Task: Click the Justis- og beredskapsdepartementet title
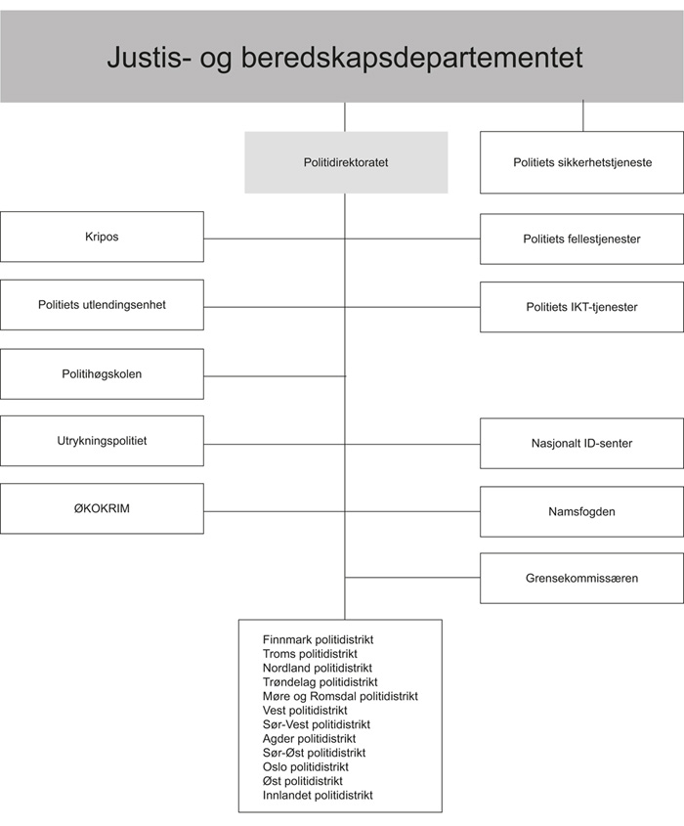[x=344, y=58]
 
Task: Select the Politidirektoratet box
[x=346, y=162]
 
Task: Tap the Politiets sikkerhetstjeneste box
[x=582, y=162]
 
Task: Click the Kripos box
[x=102, y=237]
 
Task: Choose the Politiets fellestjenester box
[x=581, y=239]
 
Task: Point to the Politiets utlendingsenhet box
[x=102, y=305]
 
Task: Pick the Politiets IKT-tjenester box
[x=581, y=307]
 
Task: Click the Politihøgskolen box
[x=102, y=373]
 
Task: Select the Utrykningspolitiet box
[x=102, y=441]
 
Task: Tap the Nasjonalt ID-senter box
[x=581, y=444]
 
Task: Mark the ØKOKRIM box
[x=102, y=508]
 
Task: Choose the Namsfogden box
[x=581, y=511]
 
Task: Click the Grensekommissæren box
[x=581, y=578]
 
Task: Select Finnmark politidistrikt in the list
[x=319, y=639]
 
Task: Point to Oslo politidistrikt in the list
[x=306, y=767]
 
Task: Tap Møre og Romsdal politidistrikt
[x=340, y=696]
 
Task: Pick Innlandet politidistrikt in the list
[x=318, y=796]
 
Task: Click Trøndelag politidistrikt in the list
[x=321, y=682]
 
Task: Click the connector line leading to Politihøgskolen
[x=274, y=376]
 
